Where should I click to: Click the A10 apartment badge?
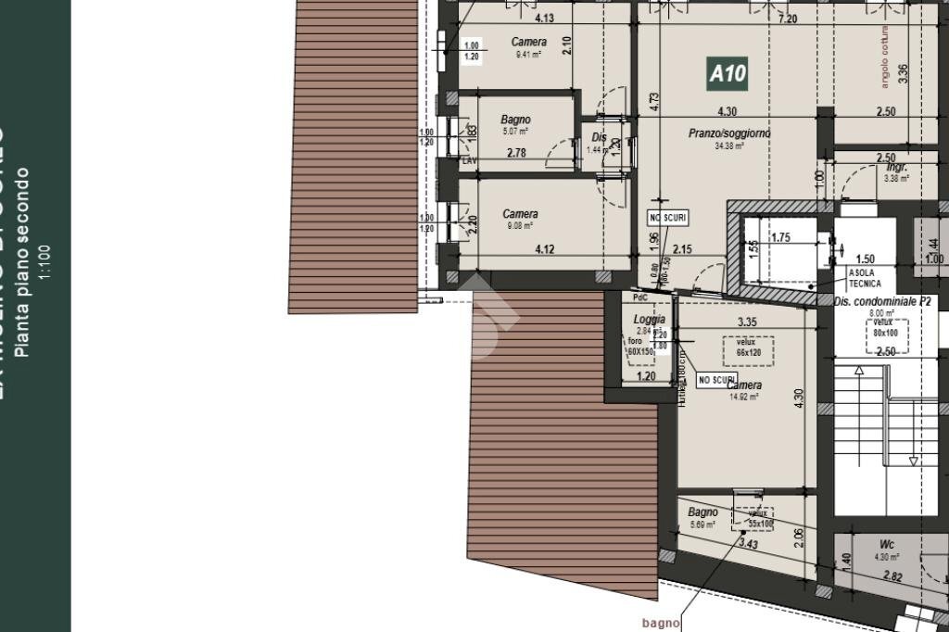point(727,73)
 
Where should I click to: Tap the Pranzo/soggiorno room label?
point(729,133)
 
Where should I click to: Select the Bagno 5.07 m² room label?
point(515,120)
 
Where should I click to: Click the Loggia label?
point(649,320)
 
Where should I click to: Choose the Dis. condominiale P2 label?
point(882,302)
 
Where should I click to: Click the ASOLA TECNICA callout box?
point(865,278)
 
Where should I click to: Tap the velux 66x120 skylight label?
point(740,347)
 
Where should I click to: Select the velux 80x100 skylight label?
point(885,327)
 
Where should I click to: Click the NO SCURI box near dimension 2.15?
point(667,218)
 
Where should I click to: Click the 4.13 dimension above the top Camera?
point(545,19)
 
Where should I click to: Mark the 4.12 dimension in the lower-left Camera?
point(544,248)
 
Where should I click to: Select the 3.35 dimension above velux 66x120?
point(747,322)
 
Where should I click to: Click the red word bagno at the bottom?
point(661,623)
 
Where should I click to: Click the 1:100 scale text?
point(44,261)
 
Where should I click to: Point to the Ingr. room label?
point(896,168)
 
